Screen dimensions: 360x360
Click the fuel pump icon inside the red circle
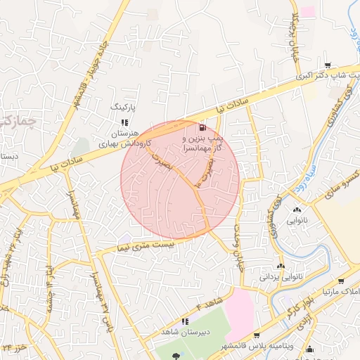pyautogui.click(x=203, y=128)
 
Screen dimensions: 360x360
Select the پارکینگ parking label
pyautogui.click(x=124, y=107)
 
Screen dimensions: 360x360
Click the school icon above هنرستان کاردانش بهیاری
pyautogui.click(x=124, y=122)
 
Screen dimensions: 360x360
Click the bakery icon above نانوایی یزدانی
pyautogui.click(x=281, y=266)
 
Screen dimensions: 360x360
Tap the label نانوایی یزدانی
pyautogui.click(x=281, y=277)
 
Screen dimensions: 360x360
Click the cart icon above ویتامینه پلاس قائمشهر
pyautogui.click(x=256, y=336)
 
